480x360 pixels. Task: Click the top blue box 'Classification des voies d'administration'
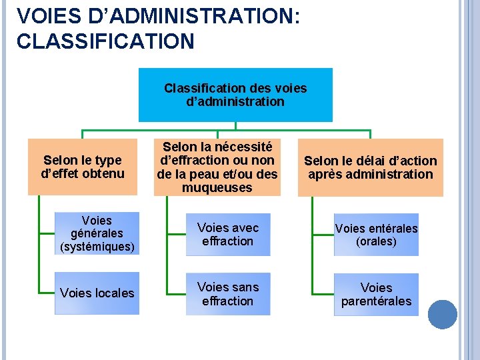[235, 95]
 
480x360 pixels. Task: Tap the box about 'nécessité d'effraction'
[217, 167]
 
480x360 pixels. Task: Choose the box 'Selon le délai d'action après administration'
[370, 167]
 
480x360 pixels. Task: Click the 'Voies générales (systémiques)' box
[97, 234]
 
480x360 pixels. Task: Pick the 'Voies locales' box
[97, 293]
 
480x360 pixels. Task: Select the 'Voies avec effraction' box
[228, 235]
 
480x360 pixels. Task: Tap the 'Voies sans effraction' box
[228, 294]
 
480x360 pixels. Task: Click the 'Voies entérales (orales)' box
[376, 235]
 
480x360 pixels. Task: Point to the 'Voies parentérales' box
[376, 295]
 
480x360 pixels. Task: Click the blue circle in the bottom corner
[442, 315]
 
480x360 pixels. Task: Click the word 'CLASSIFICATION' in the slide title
[105, 41]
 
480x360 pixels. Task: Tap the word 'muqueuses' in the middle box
[217, 188]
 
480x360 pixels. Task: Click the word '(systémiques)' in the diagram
[97, 247]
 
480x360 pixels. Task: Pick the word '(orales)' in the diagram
[376, 241]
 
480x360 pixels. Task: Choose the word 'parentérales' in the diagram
[376, 301]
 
